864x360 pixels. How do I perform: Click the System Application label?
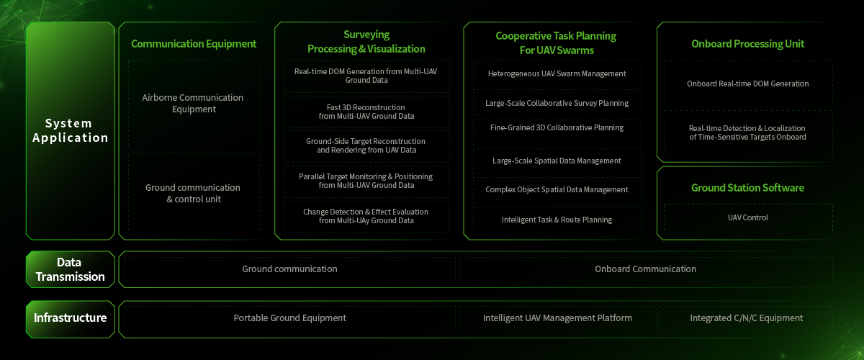[71, 130]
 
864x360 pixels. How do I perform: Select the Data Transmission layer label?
[71, 269]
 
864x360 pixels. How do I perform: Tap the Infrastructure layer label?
[71, 318]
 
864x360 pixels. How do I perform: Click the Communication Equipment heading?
[194, 44]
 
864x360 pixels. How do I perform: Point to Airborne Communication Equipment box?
[193, 104]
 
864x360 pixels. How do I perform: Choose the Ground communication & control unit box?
[193, 193]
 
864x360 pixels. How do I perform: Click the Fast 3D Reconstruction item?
[366, 111]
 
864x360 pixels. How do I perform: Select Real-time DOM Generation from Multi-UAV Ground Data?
[366, 76]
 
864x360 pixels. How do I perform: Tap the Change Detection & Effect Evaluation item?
[366, 216]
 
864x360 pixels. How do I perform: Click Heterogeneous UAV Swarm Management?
[557, 73]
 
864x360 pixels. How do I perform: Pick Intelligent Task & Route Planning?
[557, 220]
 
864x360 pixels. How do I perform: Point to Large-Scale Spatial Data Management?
[557, 161]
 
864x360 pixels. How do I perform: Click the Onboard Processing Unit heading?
[747, 44]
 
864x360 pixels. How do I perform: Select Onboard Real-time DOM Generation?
[747, 84]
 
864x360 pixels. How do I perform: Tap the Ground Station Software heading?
[747, 188]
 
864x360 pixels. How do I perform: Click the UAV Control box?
[747, 217]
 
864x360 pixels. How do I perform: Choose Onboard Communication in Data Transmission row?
[645, 269]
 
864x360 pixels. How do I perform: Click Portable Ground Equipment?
[289, 318]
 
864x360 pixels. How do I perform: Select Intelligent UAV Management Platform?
[557, 318]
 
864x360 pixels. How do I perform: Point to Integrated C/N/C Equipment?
[746, 318]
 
